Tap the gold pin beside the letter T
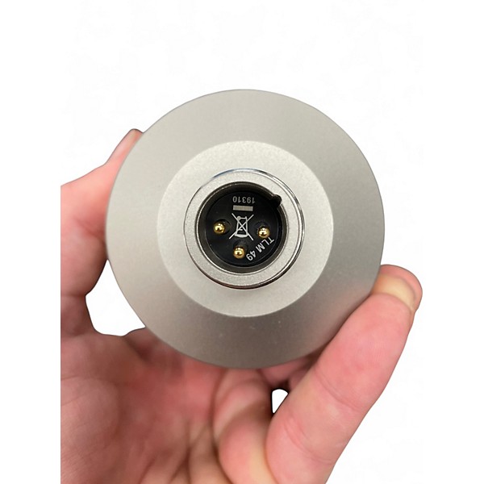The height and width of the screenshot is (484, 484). coord(263,231)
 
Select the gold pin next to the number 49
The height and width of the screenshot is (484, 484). coord(239,253)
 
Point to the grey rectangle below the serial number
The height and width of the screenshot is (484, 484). coord(244,209)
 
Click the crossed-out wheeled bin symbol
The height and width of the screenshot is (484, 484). coord(241,227)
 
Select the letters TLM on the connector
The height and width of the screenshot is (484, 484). coord(264,245)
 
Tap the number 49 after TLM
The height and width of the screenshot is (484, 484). coord(251,257)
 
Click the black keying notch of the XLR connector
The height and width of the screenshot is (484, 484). coord(277,200)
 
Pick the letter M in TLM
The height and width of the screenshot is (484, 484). coord(260,249)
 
